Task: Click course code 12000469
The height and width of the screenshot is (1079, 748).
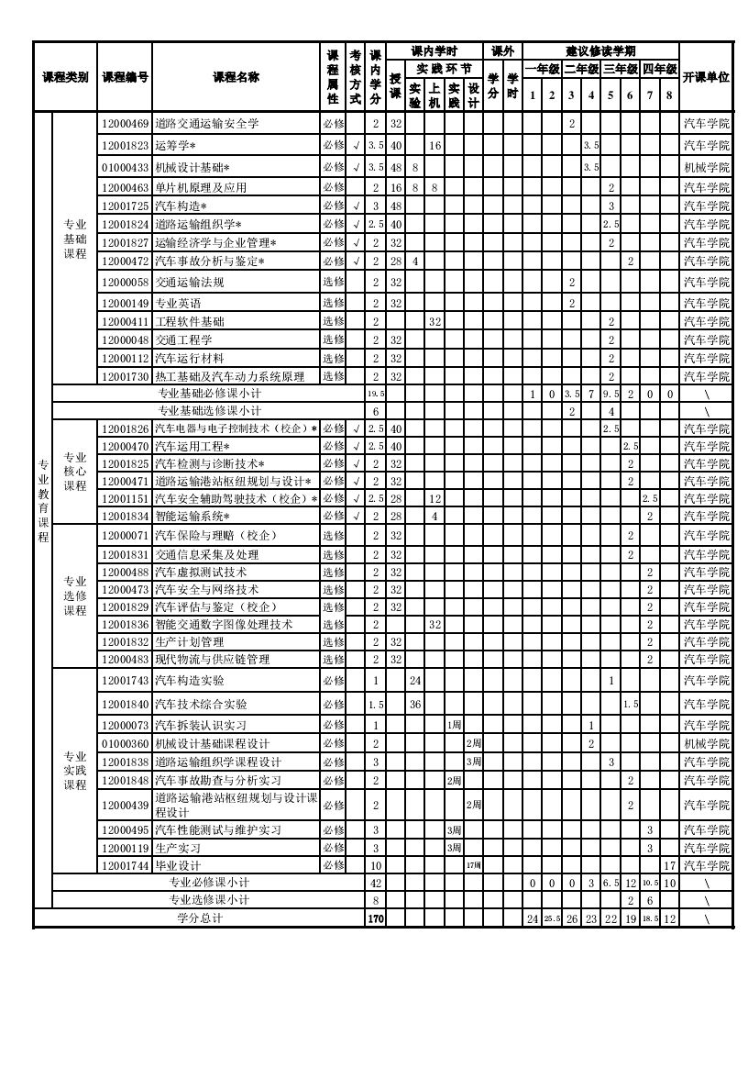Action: point(125,123)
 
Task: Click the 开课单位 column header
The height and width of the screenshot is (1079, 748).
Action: point(706,77)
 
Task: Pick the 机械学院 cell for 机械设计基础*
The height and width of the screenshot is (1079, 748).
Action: point(706,167)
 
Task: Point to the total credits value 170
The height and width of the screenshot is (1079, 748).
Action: point(376,918)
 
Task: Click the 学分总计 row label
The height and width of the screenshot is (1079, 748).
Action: point(200,918)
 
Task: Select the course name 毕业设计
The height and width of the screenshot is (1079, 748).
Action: point(178,865)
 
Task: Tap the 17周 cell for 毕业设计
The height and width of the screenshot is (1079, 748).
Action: point(473,865)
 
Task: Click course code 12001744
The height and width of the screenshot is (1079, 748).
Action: point(125,865)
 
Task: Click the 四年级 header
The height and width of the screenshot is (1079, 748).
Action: point(659,69)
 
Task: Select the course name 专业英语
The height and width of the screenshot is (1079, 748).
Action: point(178,303)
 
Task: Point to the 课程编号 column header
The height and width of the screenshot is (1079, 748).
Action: point(125,77)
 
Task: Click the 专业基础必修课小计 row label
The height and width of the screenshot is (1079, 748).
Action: point(210,394)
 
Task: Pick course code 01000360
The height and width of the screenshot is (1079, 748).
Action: point(125,743)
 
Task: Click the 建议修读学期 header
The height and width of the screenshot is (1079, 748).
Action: point(600,50)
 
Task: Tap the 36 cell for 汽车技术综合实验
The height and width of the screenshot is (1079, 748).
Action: point(414,705)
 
